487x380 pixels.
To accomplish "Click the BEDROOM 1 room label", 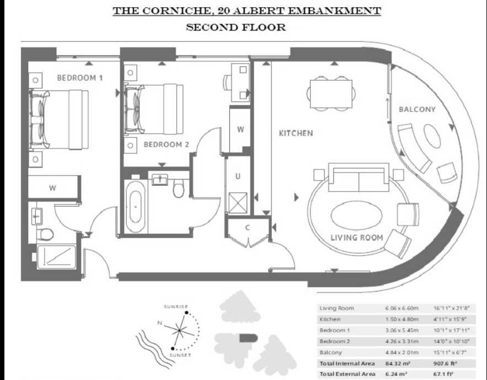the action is [80, 78].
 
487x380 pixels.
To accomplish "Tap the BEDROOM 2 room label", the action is [167, 144].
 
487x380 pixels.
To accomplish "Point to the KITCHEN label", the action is [296, 133].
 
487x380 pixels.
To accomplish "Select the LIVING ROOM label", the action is [356, 238].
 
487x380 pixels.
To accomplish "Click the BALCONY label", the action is [417, 109].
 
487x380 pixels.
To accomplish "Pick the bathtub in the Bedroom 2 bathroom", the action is [135, 207].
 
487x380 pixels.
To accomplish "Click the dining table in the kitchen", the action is [331, 94].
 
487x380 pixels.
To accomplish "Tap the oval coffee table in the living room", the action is [356, 216].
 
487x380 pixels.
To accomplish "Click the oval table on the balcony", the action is [432, 137].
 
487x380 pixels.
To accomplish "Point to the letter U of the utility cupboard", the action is [238, 176].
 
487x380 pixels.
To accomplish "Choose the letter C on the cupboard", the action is [248, 228].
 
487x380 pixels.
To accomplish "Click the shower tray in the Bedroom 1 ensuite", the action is [56, 257].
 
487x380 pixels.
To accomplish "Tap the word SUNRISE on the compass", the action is [176, 307].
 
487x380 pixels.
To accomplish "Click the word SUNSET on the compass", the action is [180, 355].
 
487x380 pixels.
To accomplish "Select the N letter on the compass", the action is [159, 323].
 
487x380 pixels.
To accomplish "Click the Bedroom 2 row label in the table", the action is [335, 341].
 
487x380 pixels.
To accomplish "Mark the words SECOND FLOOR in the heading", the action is [236, 27].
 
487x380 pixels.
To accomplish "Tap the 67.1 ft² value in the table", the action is [443, 374].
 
